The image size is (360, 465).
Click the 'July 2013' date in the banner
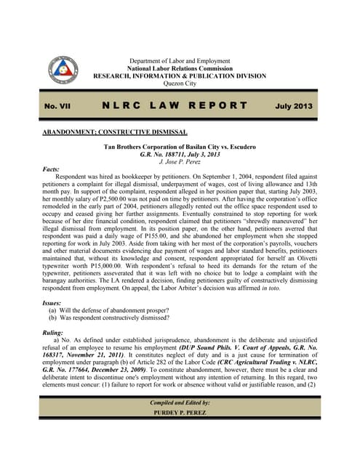[293, 107]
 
